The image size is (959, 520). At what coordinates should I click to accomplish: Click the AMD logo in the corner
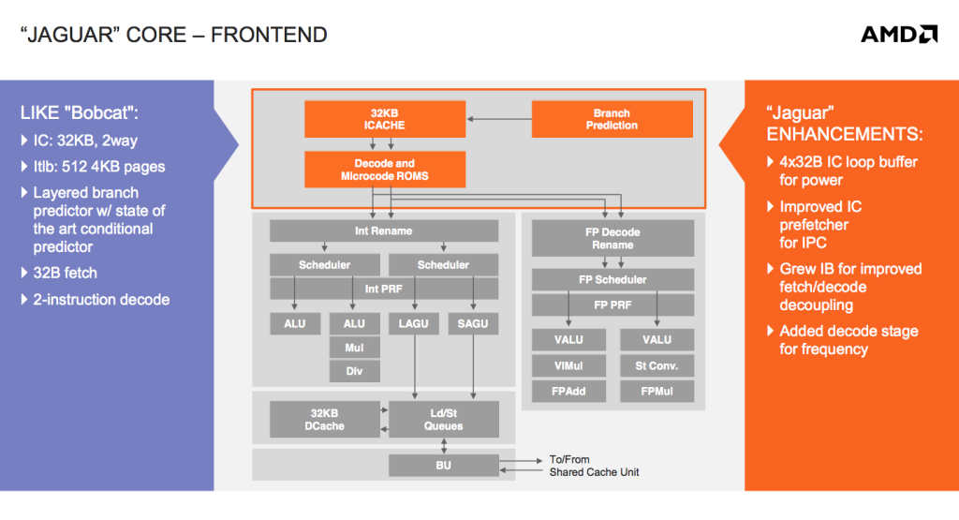point(899,36)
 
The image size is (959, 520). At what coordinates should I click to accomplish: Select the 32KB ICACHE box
point(384,119)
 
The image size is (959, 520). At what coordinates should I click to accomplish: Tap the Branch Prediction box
point(612,119)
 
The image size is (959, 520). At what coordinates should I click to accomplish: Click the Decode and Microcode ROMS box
point(384,170)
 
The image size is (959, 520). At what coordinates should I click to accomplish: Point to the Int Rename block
point(384,230)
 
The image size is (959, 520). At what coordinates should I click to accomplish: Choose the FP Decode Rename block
point(612,238)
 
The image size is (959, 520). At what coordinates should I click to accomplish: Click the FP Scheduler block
point(612,279)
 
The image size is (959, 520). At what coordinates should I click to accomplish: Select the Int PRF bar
point(384,289)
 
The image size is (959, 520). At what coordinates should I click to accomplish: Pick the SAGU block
point(472,324)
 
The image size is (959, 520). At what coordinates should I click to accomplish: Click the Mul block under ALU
point(354,348)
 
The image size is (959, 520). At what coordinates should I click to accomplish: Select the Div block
point(354,371)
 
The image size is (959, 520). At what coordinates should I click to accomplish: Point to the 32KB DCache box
point(324,419)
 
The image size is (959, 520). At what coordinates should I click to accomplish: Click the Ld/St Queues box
point(444,419)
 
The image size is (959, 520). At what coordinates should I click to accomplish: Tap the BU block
point(444,465)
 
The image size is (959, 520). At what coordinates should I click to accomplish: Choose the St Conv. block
point(657,365)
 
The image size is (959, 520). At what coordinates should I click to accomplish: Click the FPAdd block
point(568,391)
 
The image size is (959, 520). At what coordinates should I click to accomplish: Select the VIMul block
point(568,365)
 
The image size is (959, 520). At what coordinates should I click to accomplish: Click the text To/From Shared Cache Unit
point(594,466)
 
